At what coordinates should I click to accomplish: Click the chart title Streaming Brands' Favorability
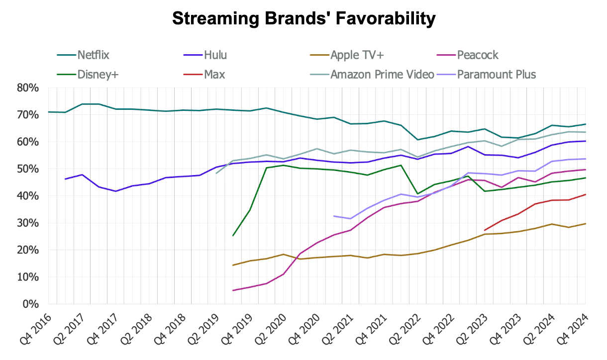[303, 19]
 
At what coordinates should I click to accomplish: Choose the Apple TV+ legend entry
[358, 55]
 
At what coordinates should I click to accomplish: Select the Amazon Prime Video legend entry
[383, 75]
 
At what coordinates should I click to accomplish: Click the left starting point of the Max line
[485, 230]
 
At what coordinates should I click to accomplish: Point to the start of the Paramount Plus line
[333, 216]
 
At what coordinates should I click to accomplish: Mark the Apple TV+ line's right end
[585, 223]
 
